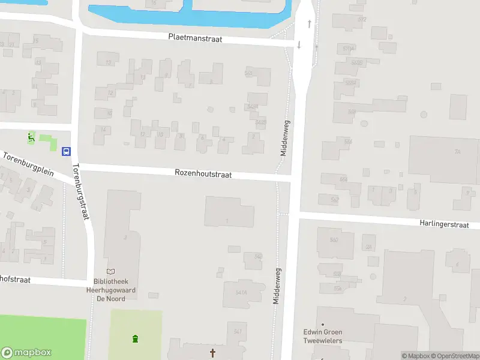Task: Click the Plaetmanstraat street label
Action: tap(195, 38)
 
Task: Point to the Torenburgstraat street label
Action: tap(81, 191)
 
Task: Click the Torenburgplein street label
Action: tap(28, 164)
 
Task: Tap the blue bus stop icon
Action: tap(67, 151)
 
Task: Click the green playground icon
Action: tap(31, 138)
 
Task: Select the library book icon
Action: tap(110, 272)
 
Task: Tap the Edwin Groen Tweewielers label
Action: tap(322, 336)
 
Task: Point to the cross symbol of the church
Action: tap(212, 353)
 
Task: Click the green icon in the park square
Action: tap(136, 338)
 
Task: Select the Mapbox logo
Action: tap(26, 353)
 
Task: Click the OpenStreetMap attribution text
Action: tap(452, 356)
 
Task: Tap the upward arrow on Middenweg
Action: tap(310, 24)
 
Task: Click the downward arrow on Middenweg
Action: tap(299, 46)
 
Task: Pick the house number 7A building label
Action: tap(457, 152)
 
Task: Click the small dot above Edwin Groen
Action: tap(322, 325)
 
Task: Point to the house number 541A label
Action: tap(242, 292)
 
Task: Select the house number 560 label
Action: tap(334, 240)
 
